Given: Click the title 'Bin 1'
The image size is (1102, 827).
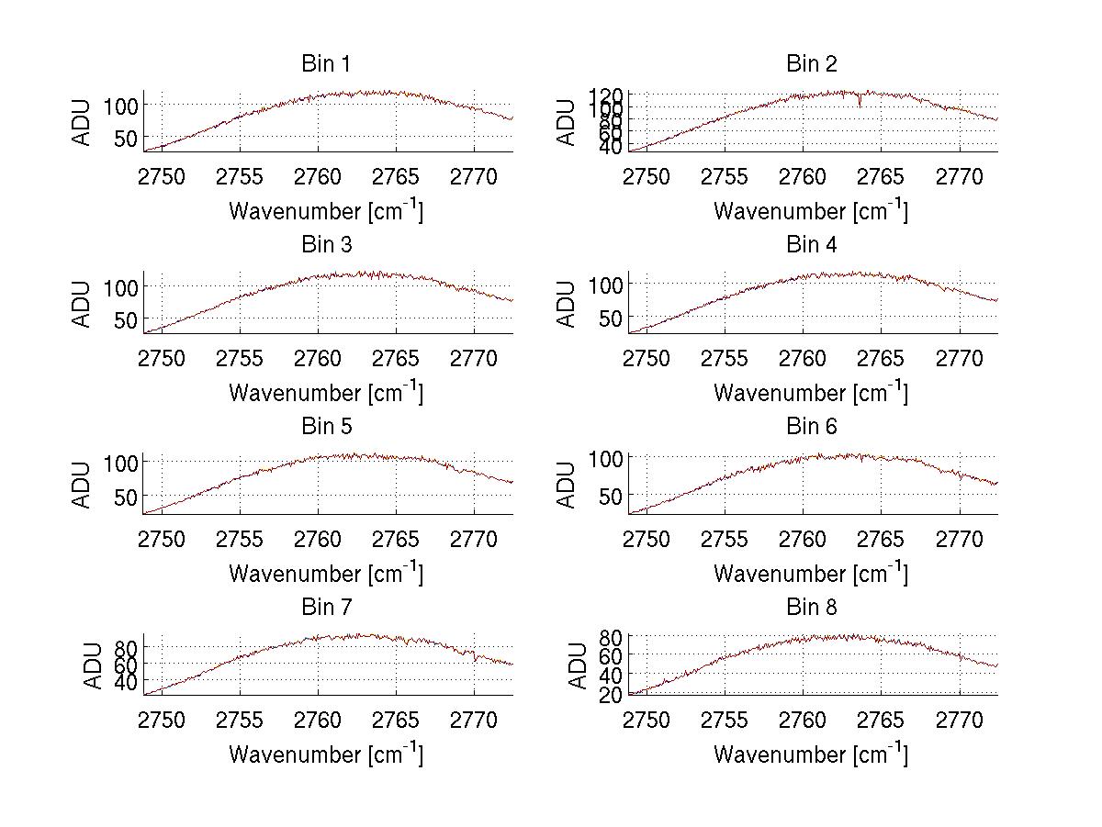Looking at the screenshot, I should [325, 64].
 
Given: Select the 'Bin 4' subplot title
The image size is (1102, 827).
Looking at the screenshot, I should [811, 245].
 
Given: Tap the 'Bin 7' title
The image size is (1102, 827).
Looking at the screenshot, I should [325, 608].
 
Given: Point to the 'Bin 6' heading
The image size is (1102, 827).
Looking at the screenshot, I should [811, 427].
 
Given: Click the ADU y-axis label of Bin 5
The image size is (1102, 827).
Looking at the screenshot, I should [83, 484].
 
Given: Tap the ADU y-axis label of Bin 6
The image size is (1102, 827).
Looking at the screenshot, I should [568, 484].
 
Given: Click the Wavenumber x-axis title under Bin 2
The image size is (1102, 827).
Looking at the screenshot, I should [811, 211].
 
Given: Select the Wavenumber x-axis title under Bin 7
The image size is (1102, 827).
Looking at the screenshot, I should [325, 754].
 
